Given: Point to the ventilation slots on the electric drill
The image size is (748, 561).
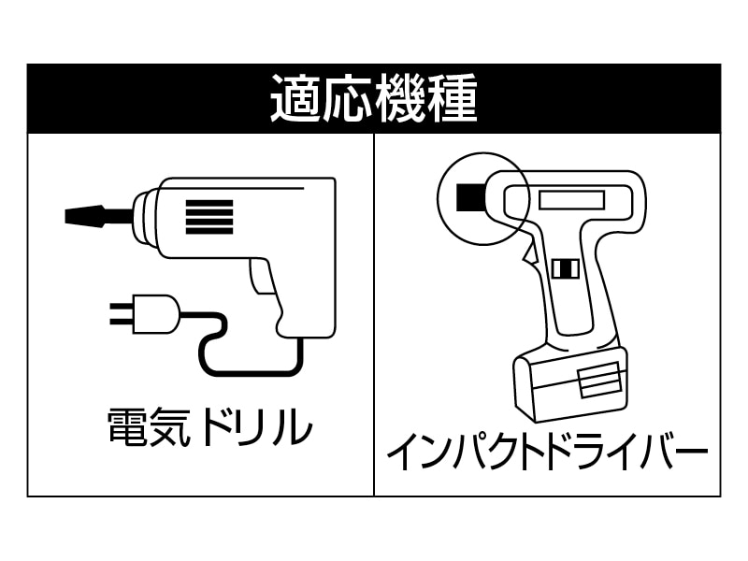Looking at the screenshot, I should click(208, 217).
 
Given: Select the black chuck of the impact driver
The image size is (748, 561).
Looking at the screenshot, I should click(467, 198).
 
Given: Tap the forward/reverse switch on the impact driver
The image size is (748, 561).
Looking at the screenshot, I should click(565, 268).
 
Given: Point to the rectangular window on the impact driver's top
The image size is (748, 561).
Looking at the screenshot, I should click(570, 199).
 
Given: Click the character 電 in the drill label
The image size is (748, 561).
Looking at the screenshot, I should click(125, 428).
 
